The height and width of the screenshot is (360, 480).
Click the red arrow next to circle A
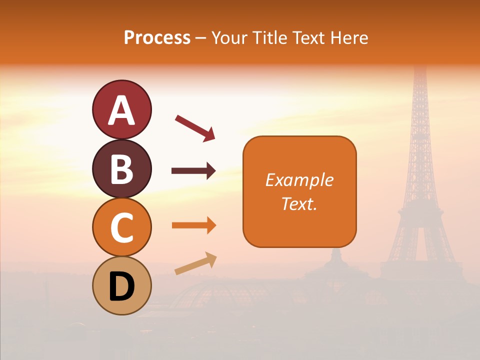pos(195,127)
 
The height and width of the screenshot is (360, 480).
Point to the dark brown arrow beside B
pos(193,171)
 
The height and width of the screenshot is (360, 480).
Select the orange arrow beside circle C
pos(193,225)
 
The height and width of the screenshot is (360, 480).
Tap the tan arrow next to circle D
pos(195,264)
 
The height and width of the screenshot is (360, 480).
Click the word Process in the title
pos(157,37)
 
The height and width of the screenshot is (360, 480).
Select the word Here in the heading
pos(349,37)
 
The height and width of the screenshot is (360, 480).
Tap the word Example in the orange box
pos(299,180)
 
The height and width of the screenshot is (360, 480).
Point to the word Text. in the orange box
pos(299,203)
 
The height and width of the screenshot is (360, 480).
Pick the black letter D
pos(121,286)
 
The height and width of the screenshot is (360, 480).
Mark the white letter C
pos(121,227)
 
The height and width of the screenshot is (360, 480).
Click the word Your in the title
pos(229,37)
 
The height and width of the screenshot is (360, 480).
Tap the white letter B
pos(121,169)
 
